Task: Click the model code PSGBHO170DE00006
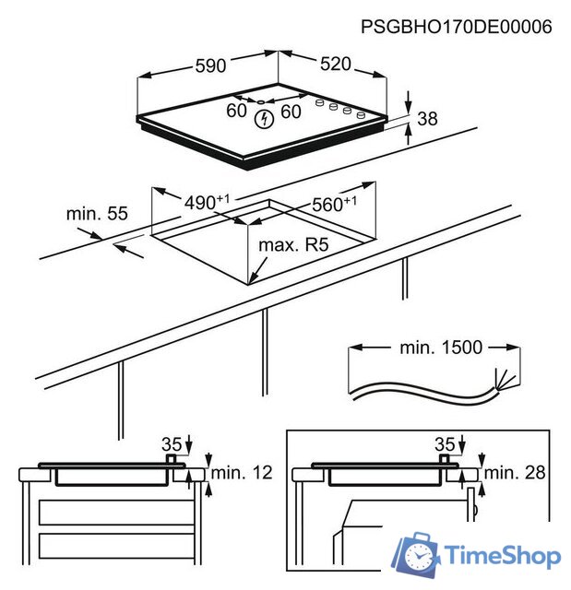tap(457, 27)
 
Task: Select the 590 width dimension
tap(210, 65)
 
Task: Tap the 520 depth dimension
tap(336, 64)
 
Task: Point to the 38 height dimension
tap(426, 118)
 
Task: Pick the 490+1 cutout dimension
tap(205, 201)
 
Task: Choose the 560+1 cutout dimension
tap(333, 205)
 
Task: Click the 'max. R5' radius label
tap(293, 245)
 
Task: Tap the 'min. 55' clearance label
tap(96, 214)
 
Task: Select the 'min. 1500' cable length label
tap(441, 348)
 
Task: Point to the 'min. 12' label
tap(242, 473)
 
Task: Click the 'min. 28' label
tap(515, 473)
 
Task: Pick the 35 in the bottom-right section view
tap(446, 442)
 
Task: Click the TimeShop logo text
tap(502, 556)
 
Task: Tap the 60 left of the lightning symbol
tap(237, 112)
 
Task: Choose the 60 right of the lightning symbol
tap(291, 112)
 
